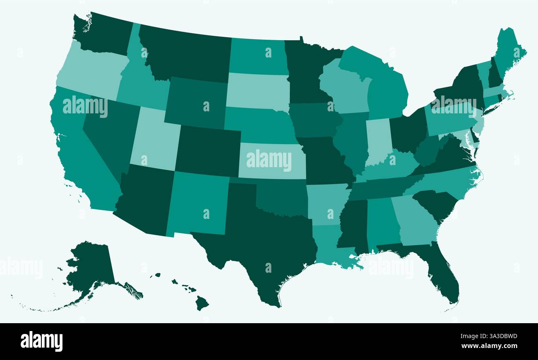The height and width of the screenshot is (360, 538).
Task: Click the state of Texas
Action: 265,240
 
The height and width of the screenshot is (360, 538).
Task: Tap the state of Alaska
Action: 91,265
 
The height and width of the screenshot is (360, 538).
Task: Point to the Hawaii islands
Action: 202,303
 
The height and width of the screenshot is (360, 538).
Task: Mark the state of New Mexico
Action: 199,203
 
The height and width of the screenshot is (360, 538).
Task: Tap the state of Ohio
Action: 408,130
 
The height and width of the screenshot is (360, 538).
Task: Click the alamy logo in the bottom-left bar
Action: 41,341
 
